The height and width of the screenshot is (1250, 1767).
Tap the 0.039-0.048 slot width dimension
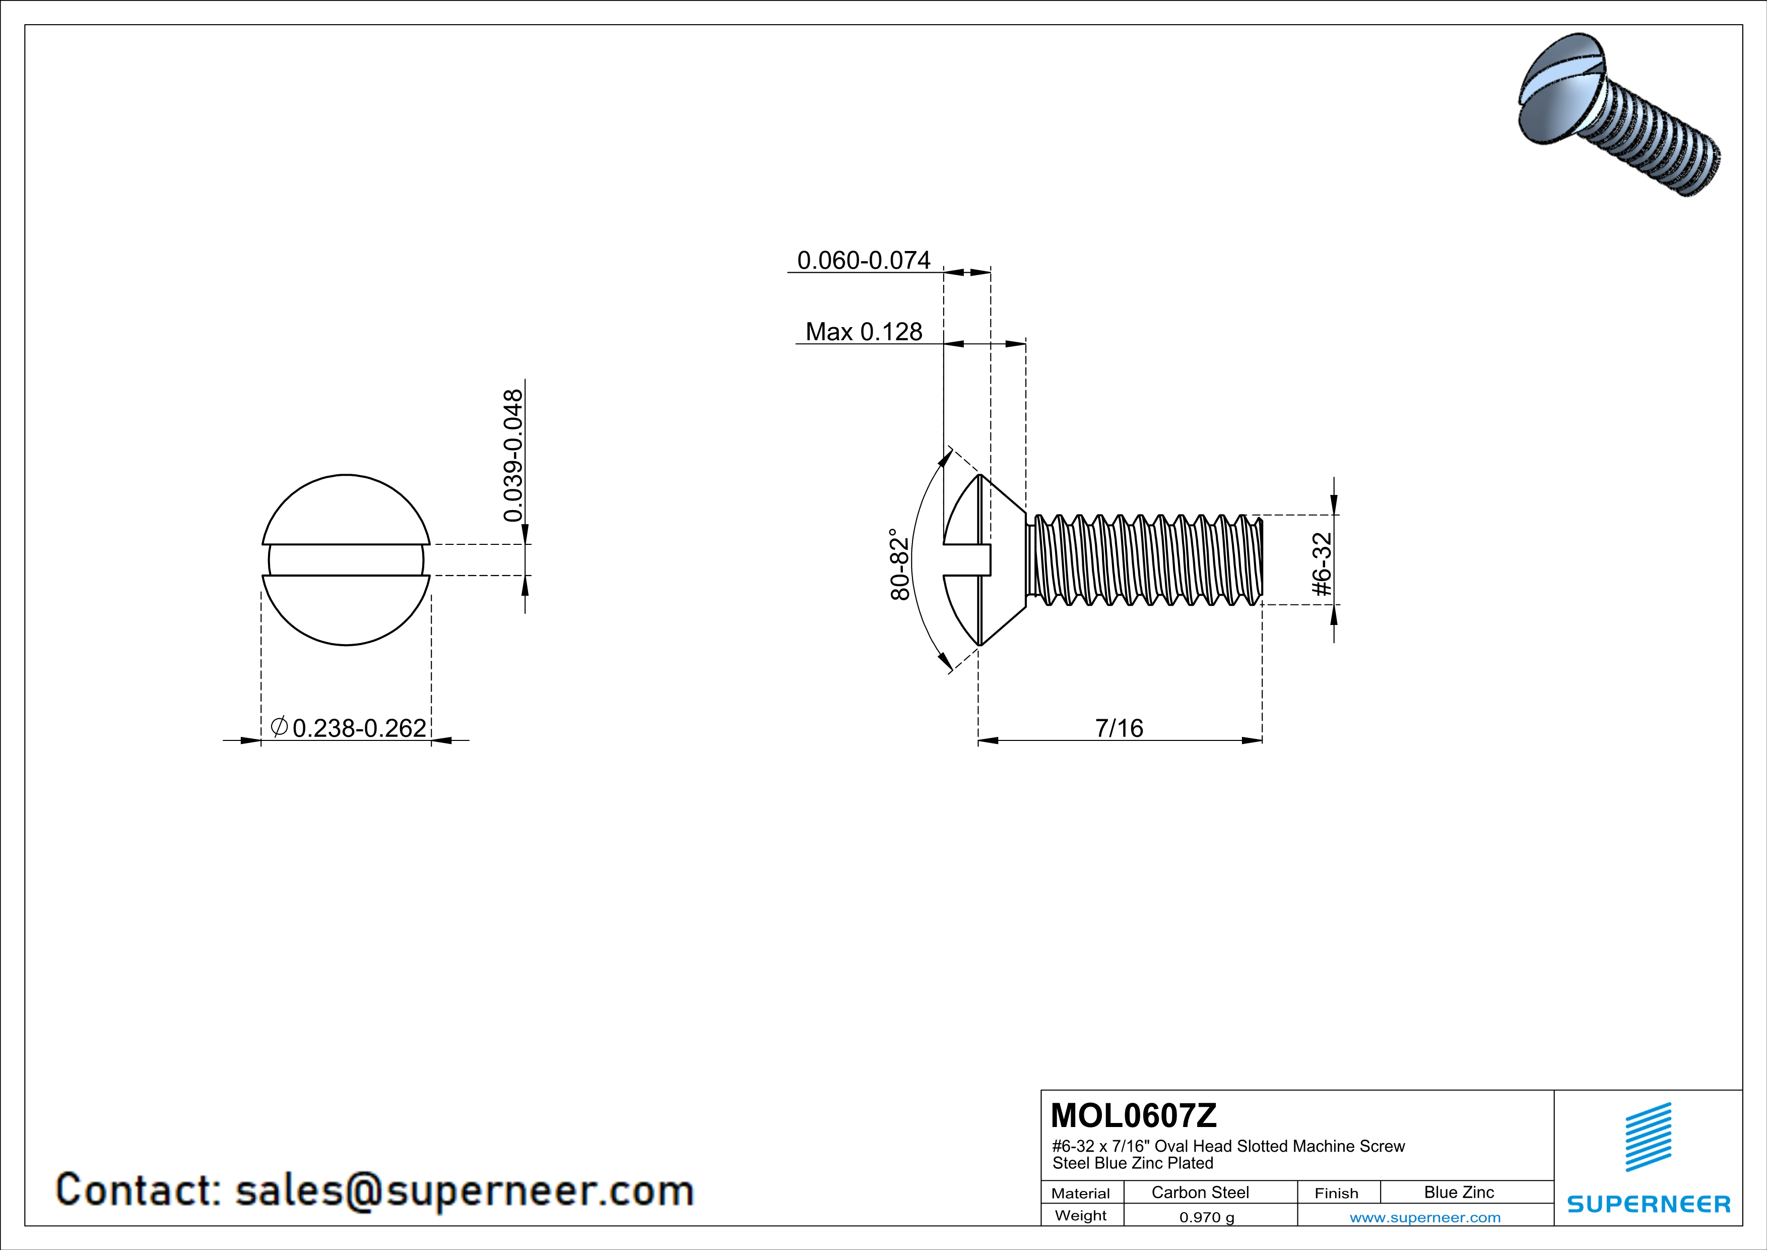point(513,455)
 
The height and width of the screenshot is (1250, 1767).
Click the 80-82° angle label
point(900,564)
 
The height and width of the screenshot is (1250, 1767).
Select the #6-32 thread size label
point(1322,564)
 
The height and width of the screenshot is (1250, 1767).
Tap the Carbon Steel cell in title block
point(1200,1192)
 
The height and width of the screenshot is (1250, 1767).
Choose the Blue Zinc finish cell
point(1458,1192)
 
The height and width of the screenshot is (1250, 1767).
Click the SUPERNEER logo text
point(1649,1204)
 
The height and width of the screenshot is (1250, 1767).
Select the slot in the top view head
point(346,559)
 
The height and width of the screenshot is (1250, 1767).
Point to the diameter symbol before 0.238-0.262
point(279,726)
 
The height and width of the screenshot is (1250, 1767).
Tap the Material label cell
point(1081,1193)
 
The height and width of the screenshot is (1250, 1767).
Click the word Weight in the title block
point(1081,1215)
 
